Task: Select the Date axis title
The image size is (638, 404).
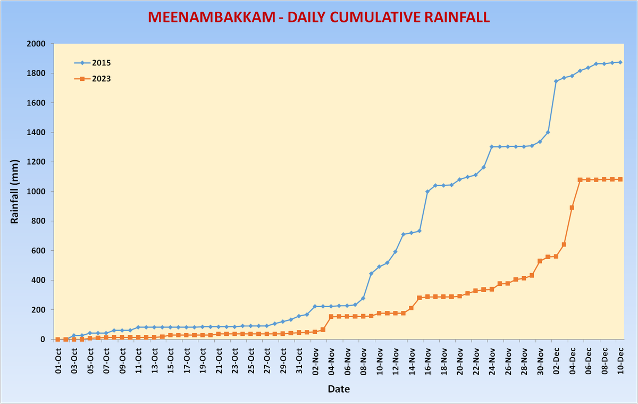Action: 338,389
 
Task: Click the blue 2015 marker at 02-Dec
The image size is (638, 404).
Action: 556,81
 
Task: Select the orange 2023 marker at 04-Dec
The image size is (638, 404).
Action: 572,208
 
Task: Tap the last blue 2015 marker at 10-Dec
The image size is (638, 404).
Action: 620,62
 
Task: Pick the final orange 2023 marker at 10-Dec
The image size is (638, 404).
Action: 620,179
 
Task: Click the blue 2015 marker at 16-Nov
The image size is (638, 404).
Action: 427,192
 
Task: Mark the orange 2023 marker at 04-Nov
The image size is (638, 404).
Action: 331,316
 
